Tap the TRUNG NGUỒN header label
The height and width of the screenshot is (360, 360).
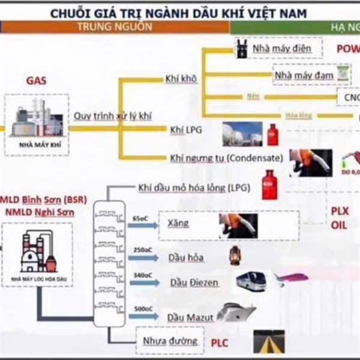pyautogui.click(x=113, y=27)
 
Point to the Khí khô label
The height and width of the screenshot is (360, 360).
pyautogui.click(x=181, y=79)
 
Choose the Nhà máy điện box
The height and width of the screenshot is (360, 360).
pyautogui.click(x=278, y=49)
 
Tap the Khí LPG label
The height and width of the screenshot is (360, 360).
pyautogui.click(x=185, y=128)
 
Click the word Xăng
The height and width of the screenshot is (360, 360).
pyautogui.click(x=179, y=224)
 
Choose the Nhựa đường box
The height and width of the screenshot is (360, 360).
pyautogui.click(x=170, y=341)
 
